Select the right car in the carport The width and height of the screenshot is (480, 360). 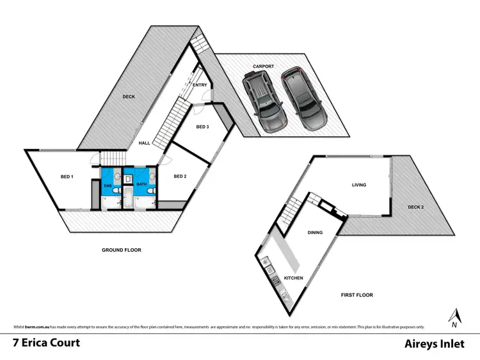(x=305, y=97)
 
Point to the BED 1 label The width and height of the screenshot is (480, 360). (x=67, y=177)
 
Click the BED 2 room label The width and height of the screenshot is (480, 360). (x=180, y=176)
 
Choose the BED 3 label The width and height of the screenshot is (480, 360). (x=202, y=127)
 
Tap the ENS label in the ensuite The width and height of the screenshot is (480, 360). (x=108, y=186)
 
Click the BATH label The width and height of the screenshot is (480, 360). (x=141, y=185)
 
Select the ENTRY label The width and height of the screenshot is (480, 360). (x=199, y=85)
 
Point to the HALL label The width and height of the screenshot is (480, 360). (x=145, y=143)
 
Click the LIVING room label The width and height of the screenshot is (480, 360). (x=358, y=185)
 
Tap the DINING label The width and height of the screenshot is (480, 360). (x=315, y=233)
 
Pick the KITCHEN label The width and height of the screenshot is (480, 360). (x=294, y=279)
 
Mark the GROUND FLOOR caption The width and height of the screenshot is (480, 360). (x=122, y=250)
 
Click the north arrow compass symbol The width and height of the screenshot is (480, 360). (x=454, y=315)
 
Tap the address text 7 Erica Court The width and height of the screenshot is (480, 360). (x=47, y=343)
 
